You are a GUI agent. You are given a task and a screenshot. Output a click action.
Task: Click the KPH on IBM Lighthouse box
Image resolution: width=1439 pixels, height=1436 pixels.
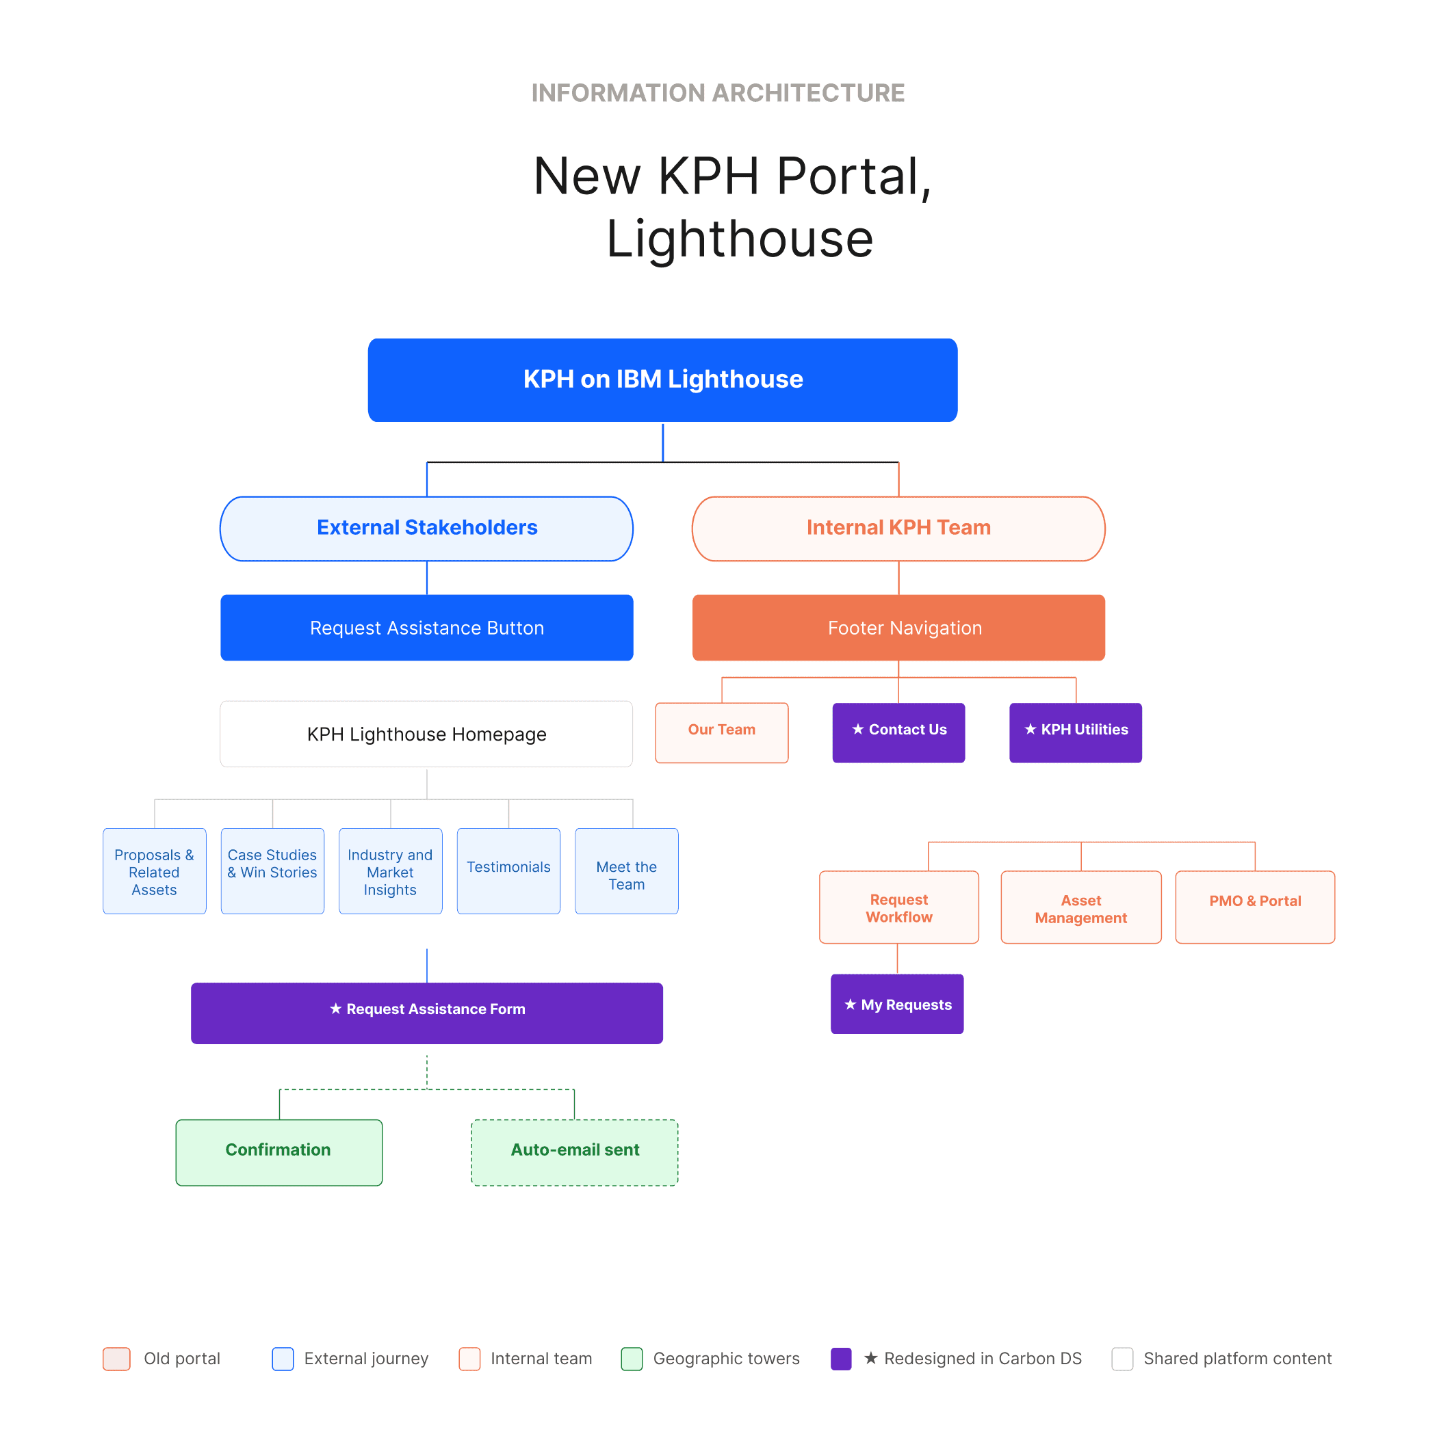[662, 380]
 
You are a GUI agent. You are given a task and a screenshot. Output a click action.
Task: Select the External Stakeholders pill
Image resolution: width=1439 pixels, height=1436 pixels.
[426, 528]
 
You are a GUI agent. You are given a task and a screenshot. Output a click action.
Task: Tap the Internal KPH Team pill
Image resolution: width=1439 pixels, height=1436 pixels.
[898, 528]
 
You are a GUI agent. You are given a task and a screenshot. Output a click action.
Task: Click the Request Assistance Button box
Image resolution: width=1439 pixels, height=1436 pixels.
[426, 627]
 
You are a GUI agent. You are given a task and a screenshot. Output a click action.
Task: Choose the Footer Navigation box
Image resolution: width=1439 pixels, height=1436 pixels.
[898, 627]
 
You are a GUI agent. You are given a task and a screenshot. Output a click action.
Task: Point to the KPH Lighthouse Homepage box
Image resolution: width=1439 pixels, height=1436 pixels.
[426, 733]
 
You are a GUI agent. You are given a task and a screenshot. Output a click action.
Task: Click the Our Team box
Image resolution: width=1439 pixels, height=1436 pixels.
[721, 732]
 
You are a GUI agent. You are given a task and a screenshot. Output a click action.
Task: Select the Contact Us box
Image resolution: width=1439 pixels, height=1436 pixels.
[898, 732]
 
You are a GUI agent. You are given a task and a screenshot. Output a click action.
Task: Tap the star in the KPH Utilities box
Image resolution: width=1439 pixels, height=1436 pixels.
[1030, 730]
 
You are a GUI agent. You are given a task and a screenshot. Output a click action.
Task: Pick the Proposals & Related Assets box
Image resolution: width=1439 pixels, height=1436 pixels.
[154, 870]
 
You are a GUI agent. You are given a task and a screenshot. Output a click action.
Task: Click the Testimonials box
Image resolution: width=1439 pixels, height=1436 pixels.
[508, 870]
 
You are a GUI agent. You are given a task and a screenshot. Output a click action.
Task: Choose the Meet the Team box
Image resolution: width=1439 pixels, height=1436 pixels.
[625, 870]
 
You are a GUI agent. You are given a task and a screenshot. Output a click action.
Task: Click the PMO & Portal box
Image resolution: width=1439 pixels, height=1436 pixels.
[1254, 906]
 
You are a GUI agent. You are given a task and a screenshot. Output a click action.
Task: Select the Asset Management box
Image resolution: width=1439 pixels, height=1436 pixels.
[1080, 906]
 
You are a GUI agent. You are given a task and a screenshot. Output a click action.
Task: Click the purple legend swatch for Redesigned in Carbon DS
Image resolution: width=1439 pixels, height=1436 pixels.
[840, 1358]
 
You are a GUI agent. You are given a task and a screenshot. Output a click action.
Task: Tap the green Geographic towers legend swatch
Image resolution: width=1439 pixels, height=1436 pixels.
[632, 1358]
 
